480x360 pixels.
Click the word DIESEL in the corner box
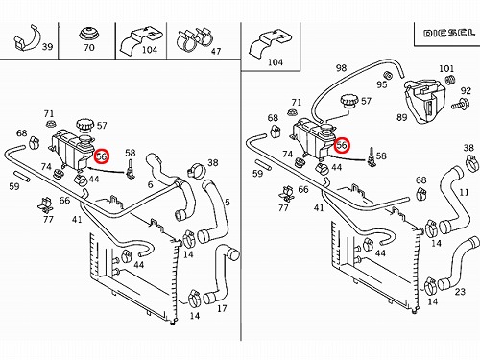(x=449, y=33)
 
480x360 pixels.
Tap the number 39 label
(x=47, y=47)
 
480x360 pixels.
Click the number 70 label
(x=89, y=48)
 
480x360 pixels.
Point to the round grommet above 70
(x=88, y=34)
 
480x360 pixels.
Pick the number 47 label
(x=216, y=51)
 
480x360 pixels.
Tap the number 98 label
(x=341, y=68)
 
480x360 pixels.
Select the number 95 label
(x=382, y=84)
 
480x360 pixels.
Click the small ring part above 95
(x=388, y=75)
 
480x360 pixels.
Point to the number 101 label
(x=446, y=68)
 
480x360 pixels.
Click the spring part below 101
(x=449, y=79)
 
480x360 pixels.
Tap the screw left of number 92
(x=461, y=104)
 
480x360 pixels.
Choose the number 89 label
(x=402, y=117)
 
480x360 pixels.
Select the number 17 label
(x=222, y=308)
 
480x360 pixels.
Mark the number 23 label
(x=460, y=292)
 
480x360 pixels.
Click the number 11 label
(x=464, y=192)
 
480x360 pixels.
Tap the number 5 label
(x=228, y=202)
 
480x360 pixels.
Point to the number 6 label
(x=150, y=184)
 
